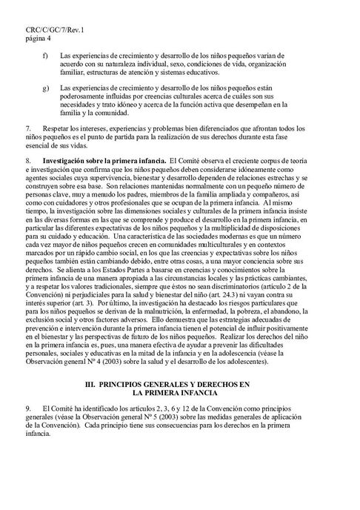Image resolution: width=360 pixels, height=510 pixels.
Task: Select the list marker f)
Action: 47,56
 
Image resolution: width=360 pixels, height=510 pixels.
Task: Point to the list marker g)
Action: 47,88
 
